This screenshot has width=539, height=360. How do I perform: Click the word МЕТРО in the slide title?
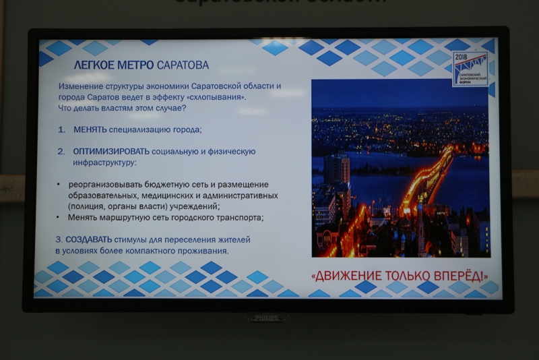tap(135, 65)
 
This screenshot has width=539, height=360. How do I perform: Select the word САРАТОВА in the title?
tap(183, 65)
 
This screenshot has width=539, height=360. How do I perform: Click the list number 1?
tap(61, 129)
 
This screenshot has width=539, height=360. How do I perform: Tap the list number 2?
tap(61, 152)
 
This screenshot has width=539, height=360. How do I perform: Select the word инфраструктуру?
tap(105, 163)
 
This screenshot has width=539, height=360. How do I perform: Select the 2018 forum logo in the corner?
tap(470, 68)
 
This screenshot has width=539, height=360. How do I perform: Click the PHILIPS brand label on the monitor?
tap(267, 318)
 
